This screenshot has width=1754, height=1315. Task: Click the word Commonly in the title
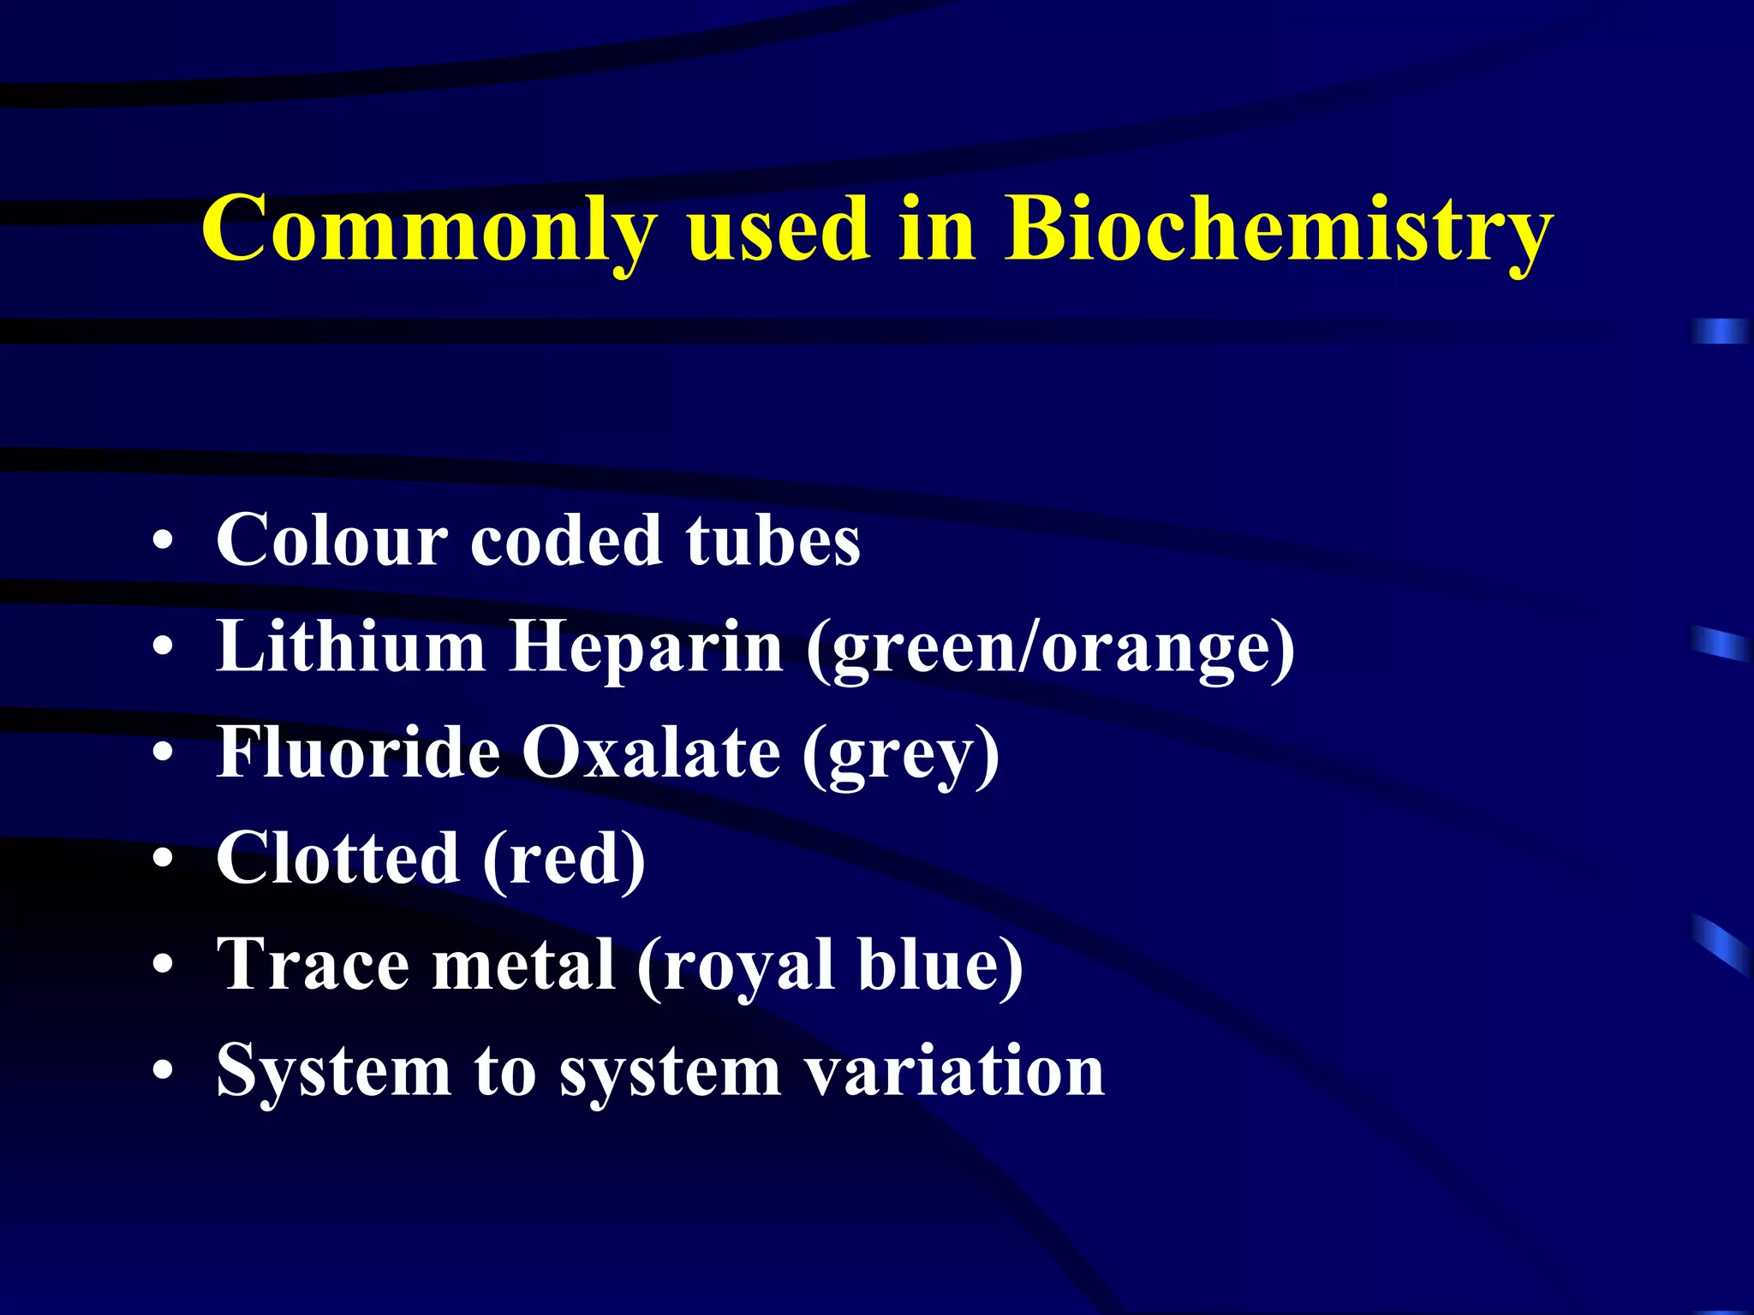[429, 229]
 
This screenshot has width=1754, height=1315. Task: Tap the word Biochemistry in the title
[1279, 229]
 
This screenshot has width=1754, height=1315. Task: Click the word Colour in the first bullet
[331, 541]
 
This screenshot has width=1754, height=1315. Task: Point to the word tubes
[773, 541]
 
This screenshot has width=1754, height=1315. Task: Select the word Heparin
[646, 647]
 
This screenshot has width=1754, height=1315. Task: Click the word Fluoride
[358, 753]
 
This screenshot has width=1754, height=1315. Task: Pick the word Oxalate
[651, 753]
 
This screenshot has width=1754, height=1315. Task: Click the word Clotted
[337, 859]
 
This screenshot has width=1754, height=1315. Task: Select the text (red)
[564, 860]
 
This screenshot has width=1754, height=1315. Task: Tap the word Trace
[313, 965]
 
